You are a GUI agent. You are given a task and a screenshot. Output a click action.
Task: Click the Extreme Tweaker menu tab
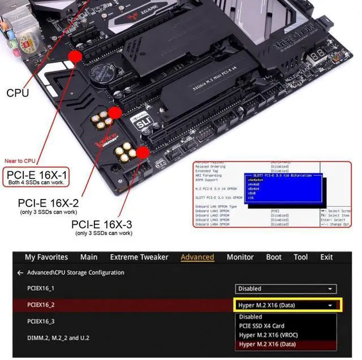pyautogui.click(x=139, y=257)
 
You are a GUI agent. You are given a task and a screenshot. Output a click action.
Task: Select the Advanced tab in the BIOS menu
pyautogui.click(x=197, y=257)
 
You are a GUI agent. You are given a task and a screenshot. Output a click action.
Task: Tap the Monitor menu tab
pyautogui.click(x=240, y=257)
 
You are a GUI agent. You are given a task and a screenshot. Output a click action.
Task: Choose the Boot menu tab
pyautogui.click(x=274, y=257)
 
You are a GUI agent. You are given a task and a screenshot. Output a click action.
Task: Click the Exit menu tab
pyautogui.click(x=326, y=257)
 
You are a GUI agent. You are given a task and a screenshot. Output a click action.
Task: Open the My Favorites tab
pyautogui.click(x=46, y=257)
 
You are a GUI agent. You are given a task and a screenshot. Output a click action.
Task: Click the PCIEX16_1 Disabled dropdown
pyautogui.click(x=286, y=289)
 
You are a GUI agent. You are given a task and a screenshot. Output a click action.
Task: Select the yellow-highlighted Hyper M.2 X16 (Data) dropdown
pyautogui.click(x=286, y=305)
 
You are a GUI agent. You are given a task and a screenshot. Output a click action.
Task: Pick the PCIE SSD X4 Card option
pyautogui.click(x=262, y=326)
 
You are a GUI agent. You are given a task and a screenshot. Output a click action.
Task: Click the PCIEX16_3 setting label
pyautogui.click(x=41, y=321)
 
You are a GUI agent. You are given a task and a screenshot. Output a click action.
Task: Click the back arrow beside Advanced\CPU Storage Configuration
pyautogui.click(x=20, y=272)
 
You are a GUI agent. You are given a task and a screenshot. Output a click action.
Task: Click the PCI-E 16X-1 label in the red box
pyautogui.click(x=36, y=174)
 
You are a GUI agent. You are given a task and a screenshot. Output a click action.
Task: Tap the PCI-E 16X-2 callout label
pyautogui.click(x=49, y=202)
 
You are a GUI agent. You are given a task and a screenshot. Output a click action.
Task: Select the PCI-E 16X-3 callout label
pyautogui.click(x=102, y=224)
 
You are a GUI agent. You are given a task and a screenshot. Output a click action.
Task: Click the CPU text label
pyautogui.click(x=18, y=93)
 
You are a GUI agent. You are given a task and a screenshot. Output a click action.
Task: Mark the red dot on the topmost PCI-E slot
pyautogui.click(x=74, y=55)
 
